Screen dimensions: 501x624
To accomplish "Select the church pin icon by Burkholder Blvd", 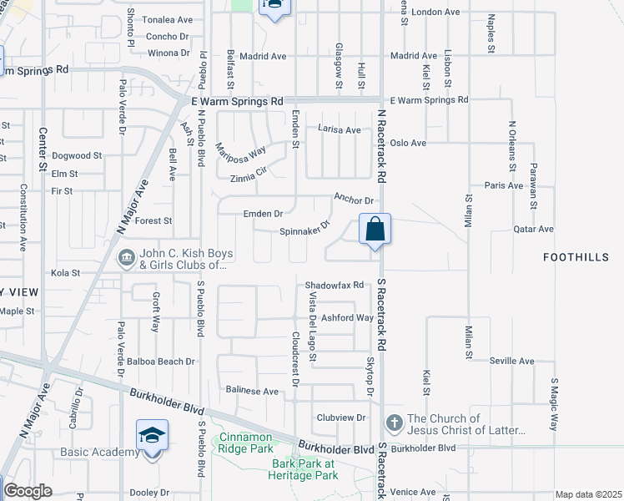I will pyautogui.click(x=394, y=420).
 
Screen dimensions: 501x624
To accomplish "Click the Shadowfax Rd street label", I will pyautogui.click(x=335, y=285).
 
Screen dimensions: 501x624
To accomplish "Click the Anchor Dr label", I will pyautogui.click(x=352, y=199).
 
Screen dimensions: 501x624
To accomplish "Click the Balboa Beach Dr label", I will pyautogui.click(x=161, y=362).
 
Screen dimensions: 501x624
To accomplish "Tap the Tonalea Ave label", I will pyautogui.click(x=168, y=19).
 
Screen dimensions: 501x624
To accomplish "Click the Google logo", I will pyautogui.click(x=28, y=491).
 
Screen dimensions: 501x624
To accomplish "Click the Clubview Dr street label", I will pyautogui.click(x=341, y=417).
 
